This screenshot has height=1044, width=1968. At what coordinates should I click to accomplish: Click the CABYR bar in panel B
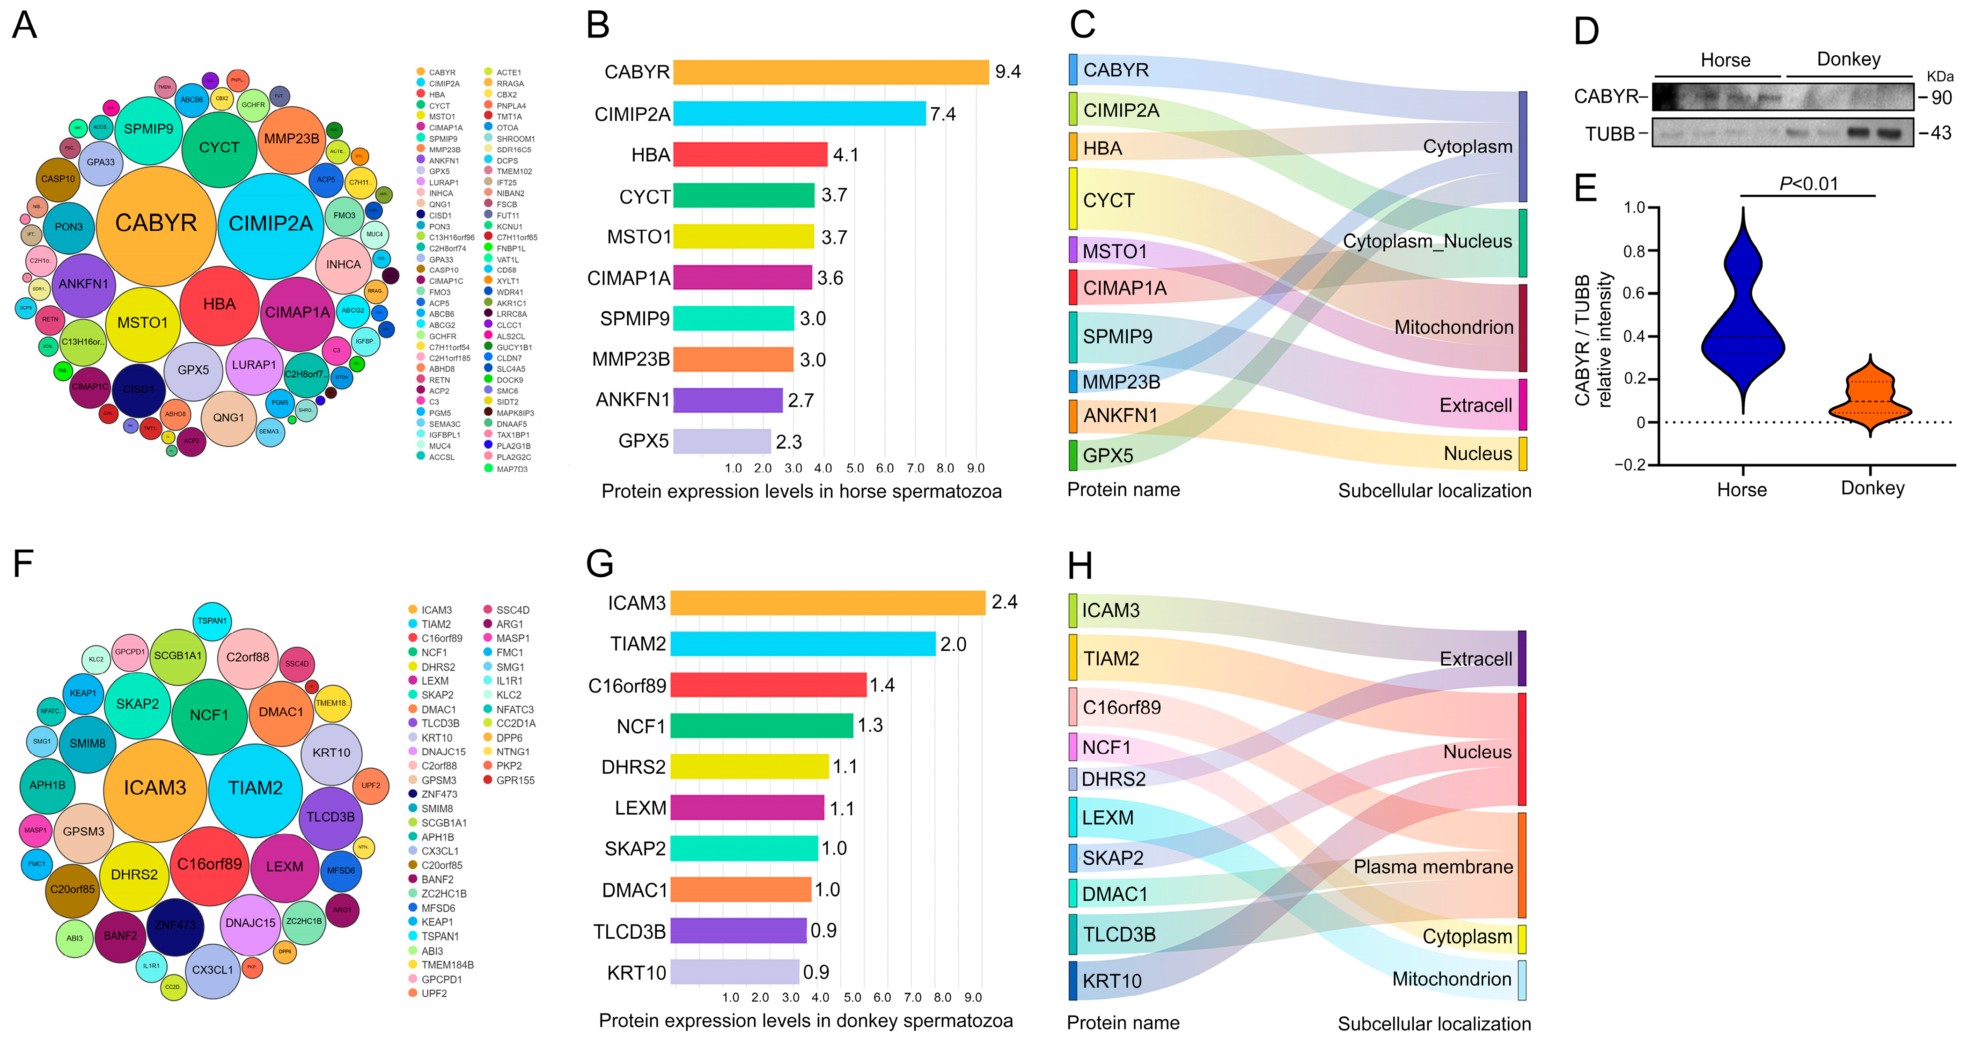(830, 72)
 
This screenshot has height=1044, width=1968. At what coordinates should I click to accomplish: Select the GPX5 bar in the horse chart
(721, 441)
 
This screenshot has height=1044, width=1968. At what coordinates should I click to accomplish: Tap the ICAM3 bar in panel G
(827, 603)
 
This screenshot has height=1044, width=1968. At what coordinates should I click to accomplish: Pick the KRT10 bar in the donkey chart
(734, 972)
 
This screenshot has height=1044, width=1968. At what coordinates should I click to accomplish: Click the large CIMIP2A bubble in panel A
(271, 224)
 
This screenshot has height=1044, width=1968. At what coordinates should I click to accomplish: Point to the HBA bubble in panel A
(219, 304)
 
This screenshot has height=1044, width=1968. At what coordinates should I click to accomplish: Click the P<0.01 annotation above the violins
(1808, 184)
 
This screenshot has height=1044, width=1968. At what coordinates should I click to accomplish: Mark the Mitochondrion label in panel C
(1453, 328)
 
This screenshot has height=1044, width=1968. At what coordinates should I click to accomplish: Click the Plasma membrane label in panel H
(1432, 867)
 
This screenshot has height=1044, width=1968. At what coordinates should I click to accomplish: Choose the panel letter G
(600, 564)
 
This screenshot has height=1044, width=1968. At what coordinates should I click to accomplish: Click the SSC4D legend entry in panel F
(512, 610)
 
